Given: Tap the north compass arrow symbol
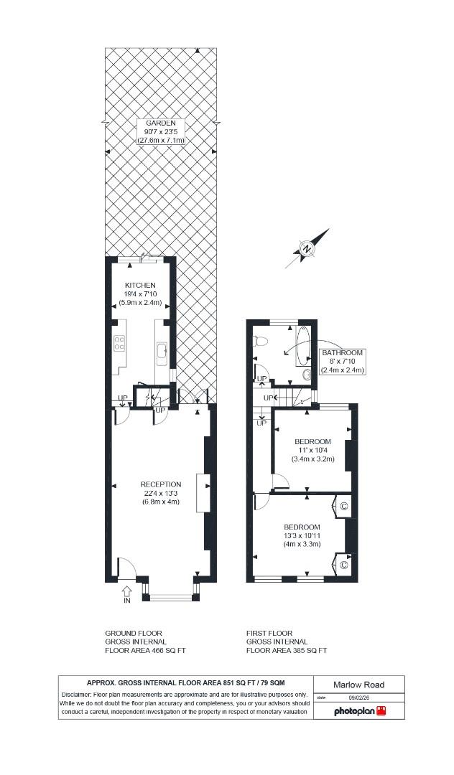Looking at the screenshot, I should coord(307,248).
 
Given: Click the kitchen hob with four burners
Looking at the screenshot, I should coord(119,344).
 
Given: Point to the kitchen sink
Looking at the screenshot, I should coord(162,352).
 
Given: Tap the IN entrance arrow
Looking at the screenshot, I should coord(127,593).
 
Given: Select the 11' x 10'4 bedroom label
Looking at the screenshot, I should coord(312,450).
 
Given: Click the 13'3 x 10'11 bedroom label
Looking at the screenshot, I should coord(302,535).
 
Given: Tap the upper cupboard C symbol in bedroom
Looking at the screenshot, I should coord(343,507).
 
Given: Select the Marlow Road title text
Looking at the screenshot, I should coord(359,685).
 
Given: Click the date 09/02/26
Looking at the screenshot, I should coord(358,697).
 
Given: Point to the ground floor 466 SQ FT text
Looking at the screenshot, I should coord(145,651).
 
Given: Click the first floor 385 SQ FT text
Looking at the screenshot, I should coord(286,651).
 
